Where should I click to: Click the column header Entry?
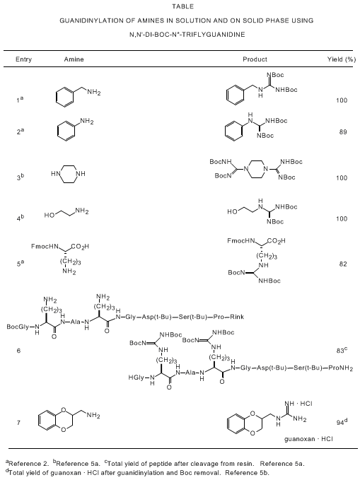coord(23,59)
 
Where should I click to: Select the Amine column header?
coord(74,59)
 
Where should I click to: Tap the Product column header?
coord(255,59)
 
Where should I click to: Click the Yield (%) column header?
coord(342,59)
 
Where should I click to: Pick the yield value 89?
coord(343,132)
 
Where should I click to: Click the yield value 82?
coord(343,264)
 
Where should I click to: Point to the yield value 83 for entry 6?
coord(340,351)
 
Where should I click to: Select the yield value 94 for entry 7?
coord(340,423)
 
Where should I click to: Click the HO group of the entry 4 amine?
coord(50,215)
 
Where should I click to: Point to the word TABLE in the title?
coord(183,6)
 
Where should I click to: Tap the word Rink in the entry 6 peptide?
coord(237,317)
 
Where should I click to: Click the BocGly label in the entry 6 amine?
coord(18,327)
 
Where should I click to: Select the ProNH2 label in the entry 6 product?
coord(340,368)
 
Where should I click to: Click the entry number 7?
coord(18,423)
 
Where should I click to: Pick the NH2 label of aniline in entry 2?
coord(87,122)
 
